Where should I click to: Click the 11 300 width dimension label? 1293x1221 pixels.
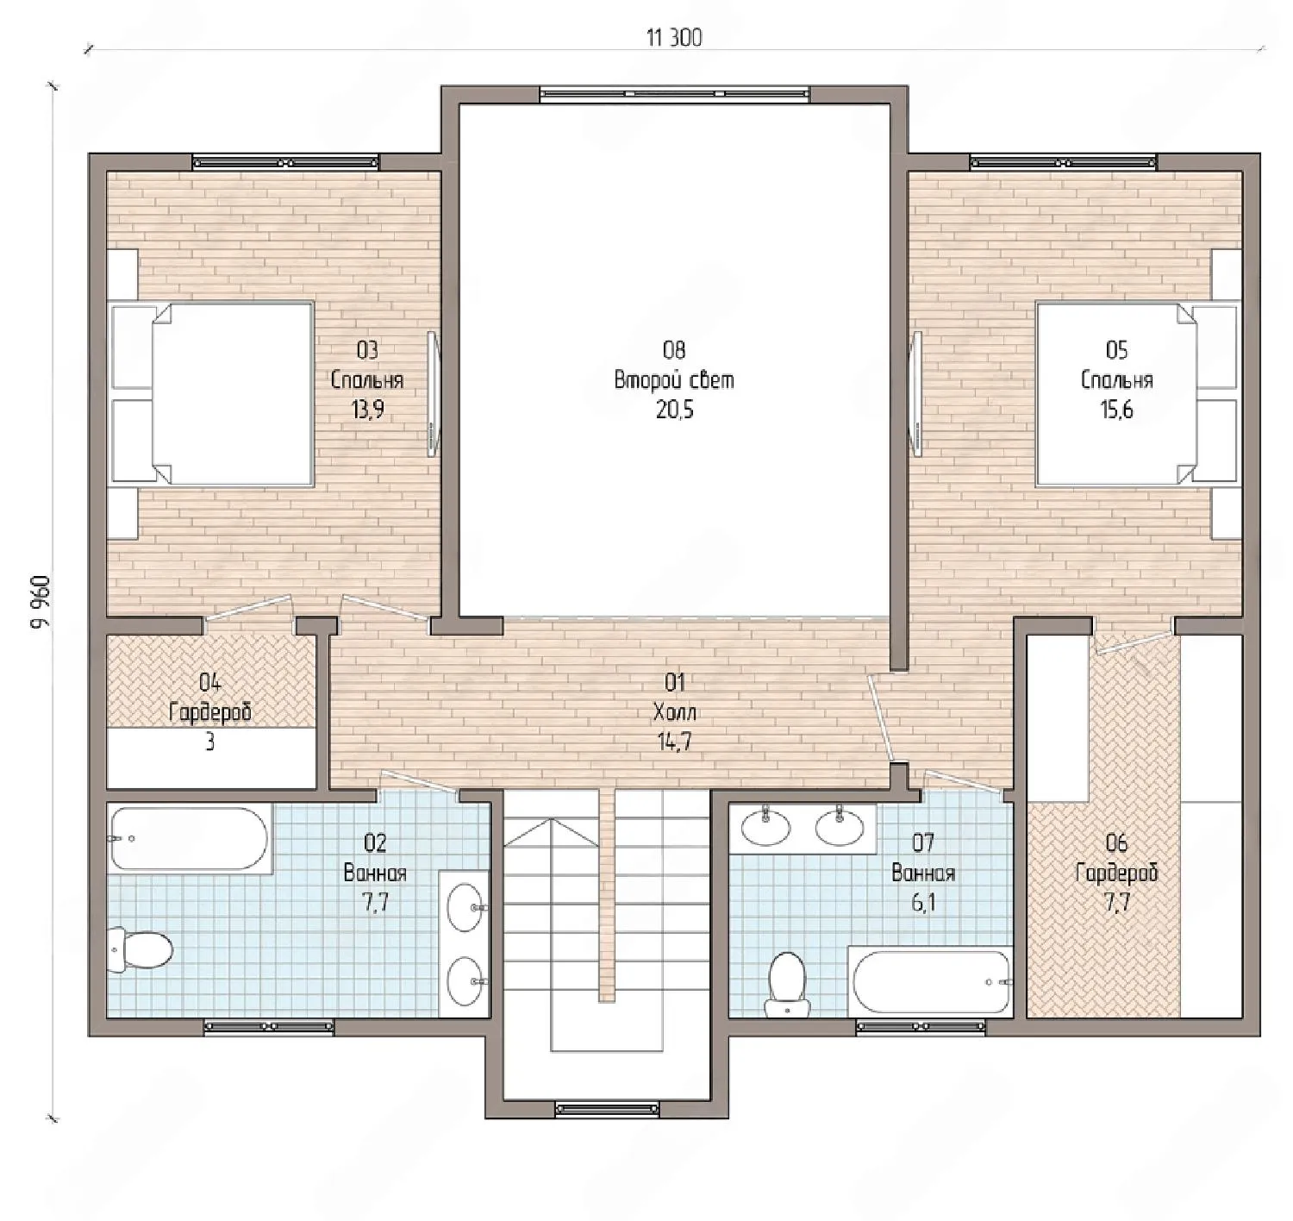click(x=674, y=39)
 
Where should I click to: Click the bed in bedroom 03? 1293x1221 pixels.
click(x=212, y=393)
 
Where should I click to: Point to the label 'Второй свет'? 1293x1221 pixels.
click(x=674, y=380)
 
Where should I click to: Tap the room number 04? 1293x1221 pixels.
click(x=210, y=683)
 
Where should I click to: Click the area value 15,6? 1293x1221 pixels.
click(x=1116, y=410)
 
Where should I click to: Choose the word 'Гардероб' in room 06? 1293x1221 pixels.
click(x=1116, y=873)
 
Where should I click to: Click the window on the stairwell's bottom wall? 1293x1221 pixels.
click(x=606, y=1107)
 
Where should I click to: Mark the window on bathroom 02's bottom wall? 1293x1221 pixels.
click(x=269, y=1027)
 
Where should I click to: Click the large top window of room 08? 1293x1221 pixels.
click(x=675, y=94)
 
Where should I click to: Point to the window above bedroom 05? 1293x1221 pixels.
click(x=1063, y=161)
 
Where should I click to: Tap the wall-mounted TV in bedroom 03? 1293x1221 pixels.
click(x=433, y=394)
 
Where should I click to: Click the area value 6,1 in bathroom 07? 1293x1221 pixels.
click(x=923, y=903)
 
